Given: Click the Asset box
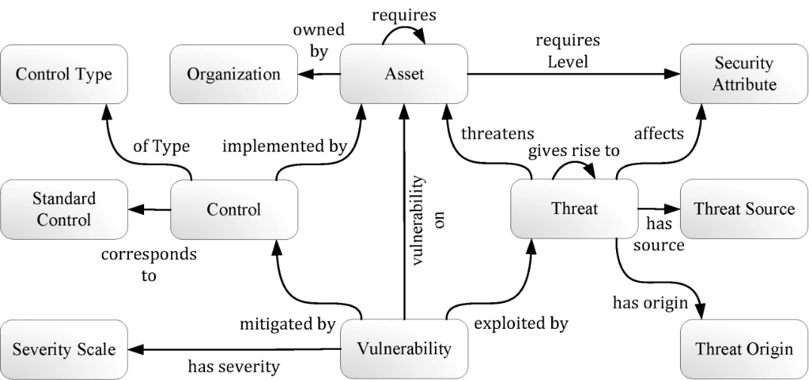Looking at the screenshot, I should [x=403, y=74].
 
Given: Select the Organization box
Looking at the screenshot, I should [x=233, y=74].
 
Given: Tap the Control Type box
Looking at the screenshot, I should [x=63, y=74].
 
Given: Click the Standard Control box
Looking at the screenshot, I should [x=63, y=210].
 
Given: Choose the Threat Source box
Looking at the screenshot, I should [x=743, y=208].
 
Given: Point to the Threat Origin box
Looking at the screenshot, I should [x=743, y=348].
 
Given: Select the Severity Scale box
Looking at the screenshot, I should [x=63, y=349].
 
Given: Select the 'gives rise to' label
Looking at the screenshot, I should [x=574, y=151].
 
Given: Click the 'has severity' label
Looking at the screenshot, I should [x=234, y=367].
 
